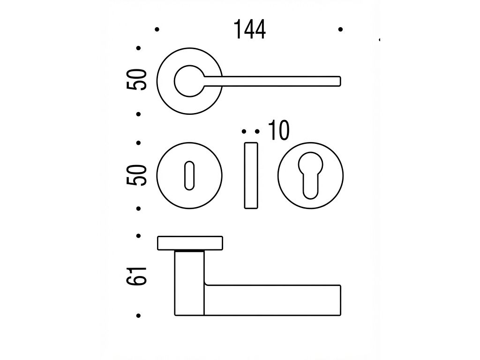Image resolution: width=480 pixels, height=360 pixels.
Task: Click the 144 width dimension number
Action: click(249, 30)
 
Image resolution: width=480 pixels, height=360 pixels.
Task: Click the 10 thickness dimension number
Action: click(278, 130)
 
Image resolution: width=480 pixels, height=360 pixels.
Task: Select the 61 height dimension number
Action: click(136, 277)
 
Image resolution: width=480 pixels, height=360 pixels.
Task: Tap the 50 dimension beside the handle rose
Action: click(136, 80)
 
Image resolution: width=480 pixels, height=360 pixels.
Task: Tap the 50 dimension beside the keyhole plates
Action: click(136, 175)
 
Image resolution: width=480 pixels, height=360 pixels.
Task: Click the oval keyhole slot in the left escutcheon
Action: click(189, 175)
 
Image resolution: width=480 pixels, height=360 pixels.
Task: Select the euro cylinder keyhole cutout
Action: click(310, 175)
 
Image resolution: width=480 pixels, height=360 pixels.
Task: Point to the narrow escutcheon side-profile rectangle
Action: click(251, 175)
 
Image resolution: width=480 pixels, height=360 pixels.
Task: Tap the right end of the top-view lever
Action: click(340, 81)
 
